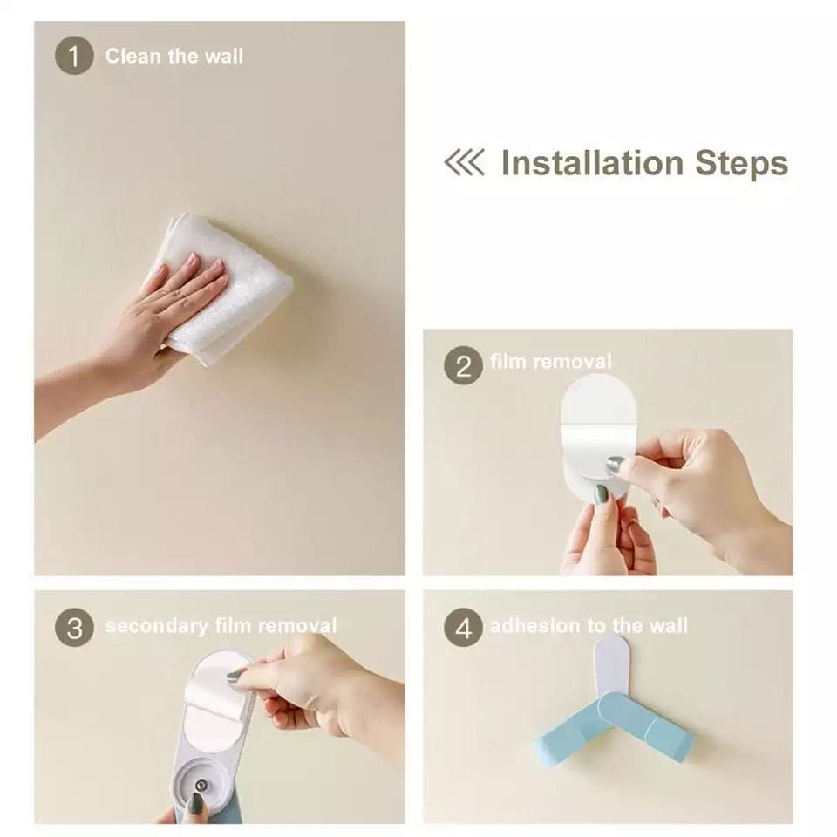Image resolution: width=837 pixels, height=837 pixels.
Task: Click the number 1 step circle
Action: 74,56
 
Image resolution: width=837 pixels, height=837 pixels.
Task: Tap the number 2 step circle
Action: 463,365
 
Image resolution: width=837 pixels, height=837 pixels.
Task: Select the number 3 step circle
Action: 74,627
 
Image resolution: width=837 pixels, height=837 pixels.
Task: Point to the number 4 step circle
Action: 463,627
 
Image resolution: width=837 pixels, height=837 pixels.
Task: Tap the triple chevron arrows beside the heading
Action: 465,162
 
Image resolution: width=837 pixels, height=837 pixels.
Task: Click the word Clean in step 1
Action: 133,56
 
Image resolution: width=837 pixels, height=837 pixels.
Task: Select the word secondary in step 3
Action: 157,626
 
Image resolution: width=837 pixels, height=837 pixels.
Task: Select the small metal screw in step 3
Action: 201,786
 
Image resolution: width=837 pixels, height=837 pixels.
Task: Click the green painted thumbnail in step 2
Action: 602,493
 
